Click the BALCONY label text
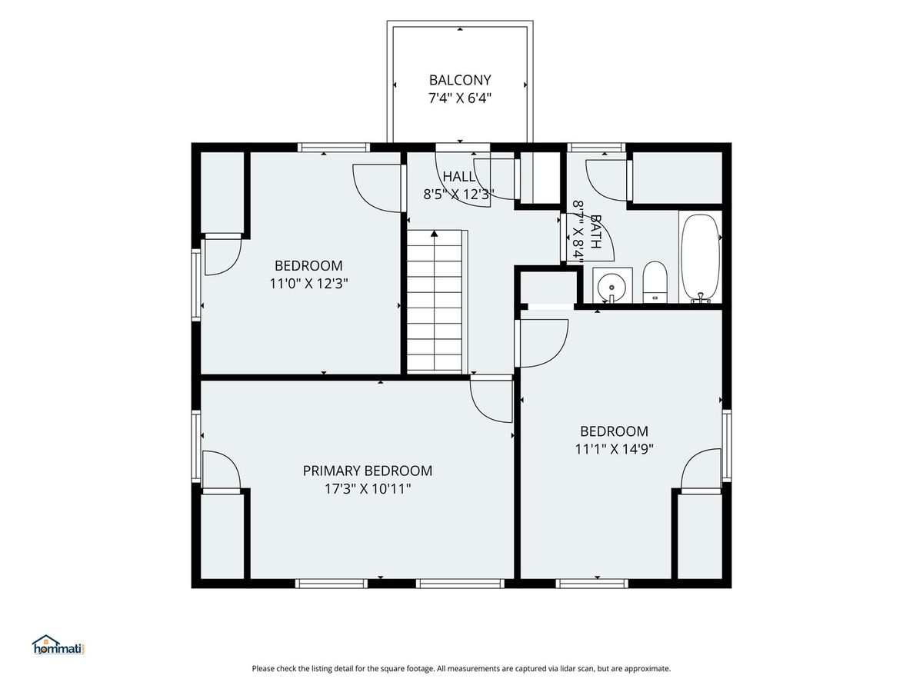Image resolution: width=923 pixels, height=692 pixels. pos(460,80)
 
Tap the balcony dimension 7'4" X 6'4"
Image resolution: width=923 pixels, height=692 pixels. pos(460,98)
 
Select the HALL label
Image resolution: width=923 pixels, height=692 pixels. pos(458,177)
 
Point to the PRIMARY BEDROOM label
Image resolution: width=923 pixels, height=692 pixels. pos(367,471)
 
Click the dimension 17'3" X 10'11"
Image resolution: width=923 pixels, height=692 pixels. pos(367,489)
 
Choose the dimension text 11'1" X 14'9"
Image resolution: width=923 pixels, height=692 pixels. pos(614,449)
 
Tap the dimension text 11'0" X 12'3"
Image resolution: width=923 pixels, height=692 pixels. pos(308,284)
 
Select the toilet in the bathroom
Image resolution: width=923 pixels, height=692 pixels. pos(655,281)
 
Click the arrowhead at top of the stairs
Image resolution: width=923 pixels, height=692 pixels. pos(435,234)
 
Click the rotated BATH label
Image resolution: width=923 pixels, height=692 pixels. pos(596,231)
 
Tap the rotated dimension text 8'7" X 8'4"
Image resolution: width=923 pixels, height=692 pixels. pos(578,231)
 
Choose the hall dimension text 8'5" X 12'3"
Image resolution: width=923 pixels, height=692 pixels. pos(458,195)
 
